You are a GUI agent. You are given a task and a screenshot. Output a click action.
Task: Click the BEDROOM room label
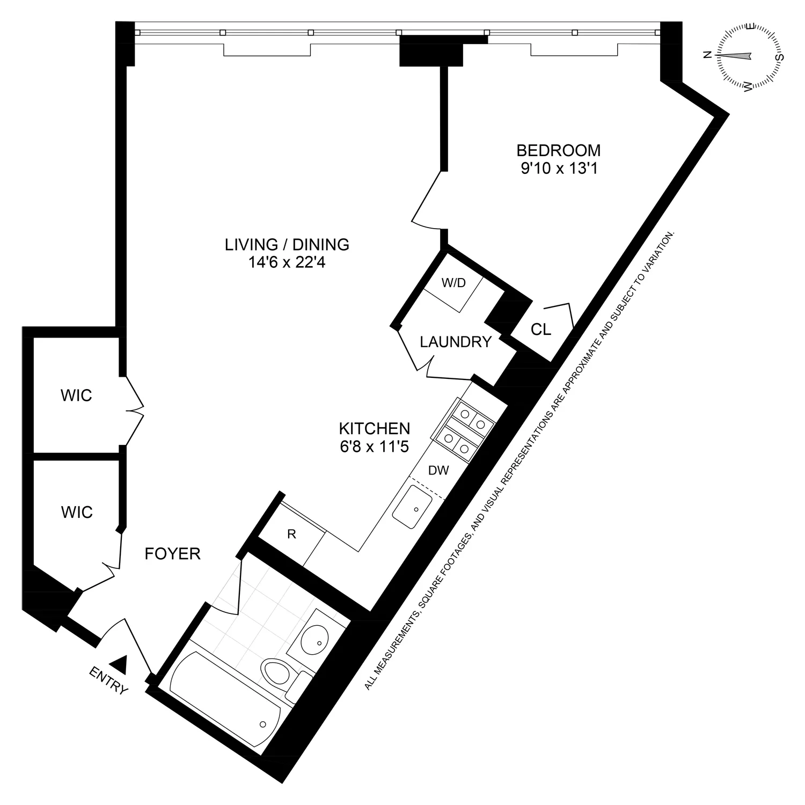pos(558,150)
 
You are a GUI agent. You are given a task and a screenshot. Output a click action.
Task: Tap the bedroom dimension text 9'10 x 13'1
pos(558,169)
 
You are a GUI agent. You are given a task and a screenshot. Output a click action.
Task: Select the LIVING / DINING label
pos(287,245)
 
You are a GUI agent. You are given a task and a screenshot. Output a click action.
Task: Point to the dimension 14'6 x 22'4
pos(287,264)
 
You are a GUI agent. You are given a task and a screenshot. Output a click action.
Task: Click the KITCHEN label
pos(375,428)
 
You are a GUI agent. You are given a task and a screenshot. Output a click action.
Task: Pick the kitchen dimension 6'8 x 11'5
pos(375,447)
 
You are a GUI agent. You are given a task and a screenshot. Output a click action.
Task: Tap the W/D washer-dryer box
pos(453,284)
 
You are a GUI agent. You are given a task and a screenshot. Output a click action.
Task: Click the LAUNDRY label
pos(456,342)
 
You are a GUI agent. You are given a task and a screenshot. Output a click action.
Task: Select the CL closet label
pos(540,330)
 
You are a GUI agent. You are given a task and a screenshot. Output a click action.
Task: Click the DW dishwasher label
pos(438,471)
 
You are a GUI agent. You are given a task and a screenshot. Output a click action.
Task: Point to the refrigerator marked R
pos(292,534)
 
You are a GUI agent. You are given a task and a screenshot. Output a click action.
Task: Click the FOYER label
pos(173,554)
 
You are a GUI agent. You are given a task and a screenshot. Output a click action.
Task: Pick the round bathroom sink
pos(315,640)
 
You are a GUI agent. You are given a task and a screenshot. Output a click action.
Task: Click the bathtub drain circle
pos(263,724)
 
